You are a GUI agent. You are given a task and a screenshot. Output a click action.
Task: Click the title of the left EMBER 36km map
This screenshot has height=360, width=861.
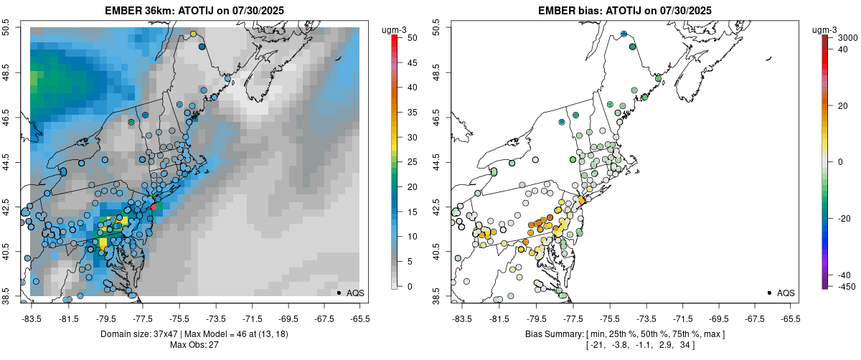pyautogui.click(x=194, y=10)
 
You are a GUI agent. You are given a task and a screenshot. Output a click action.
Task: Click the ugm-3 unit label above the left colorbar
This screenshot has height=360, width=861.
pyautogui.click(x=395, y=29)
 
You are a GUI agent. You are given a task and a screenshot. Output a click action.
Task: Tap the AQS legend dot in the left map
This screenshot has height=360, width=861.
pyautogui.click(x=339, y=293)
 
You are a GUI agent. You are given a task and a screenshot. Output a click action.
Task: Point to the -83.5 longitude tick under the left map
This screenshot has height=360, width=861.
pyautogui.click(x=31, y=318)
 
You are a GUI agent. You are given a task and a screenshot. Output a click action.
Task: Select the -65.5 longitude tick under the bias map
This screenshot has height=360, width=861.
pyautogui.click(x=789, y=318)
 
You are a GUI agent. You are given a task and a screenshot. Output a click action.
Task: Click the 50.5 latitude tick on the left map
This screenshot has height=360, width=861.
pyautogui.click(x=6, y=28)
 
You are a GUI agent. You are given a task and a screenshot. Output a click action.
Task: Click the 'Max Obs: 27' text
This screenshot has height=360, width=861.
pyautogui.click(x=194, y=345)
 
